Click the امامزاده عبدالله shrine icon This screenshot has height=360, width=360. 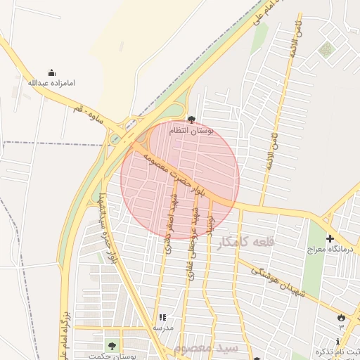point(51,72)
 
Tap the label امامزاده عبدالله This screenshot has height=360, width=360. point(51,83)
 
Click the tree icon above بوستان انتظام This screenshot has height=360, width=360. point(192,120)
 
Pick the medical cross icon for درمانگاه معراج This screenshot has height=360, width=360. point(330,239)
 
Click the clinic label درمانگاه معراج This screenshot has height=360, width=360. point(333,250)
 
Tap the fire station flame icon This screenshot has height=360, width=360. point(342,318)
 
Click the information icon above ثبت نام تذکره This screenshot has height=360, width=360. point(337,341)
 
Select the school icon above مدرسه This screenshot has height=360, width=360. point(163,318)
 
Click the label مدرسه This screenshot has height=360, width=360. point(163,328)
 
